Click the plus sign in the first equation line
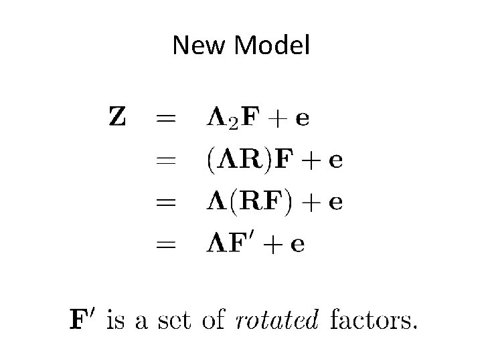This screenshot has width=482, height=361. (x=276, y=119)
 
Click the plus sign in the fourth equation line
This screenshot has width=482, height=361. (x=272, y=244)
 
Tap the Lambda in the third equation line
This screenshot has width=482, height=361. (x=217, y=201)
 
